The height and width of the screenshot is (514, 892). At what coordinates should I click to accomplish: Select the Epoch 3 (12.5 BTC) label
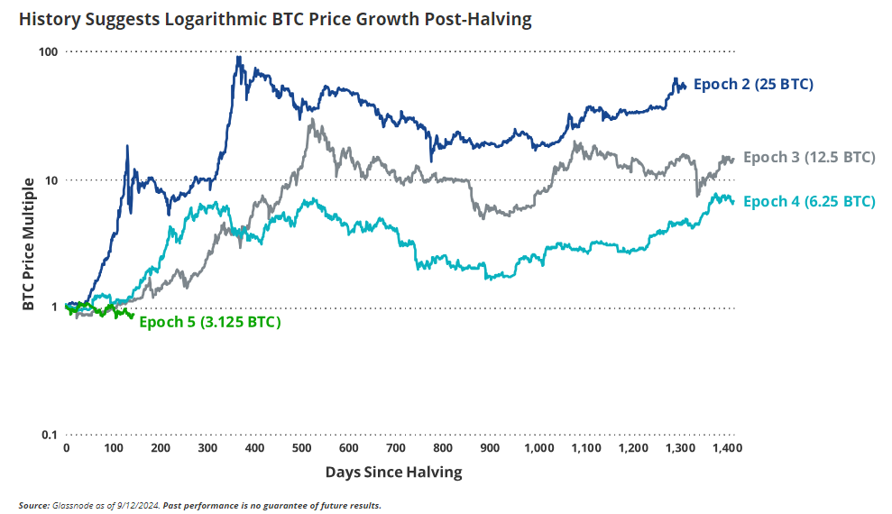pyautogui.click(x=809, y=157)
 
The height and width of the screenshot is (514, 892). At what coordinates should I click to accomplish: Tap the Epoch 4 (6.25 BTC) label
pyautogui.click(x=809, y=201)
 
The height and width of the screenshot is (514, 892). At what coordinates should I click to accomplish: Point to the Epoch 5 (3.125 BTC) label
pyautogui.click(x=210, y=322)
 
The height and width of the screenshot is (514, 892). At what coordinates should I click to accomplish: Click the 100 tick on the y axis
pyautogui.click(x=47, y=52)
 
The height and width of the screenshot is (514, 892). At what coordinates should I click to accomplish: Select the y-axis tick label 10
pyautogui.click(x=51, y=179)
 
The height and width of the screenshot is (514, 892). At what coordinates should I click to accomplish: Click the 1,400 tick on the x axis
pyautogui.click(x=726, y=448)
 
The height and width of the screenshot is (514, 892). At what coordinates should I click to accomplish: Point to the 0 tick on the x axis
pyautogui.click(x=66, y=448)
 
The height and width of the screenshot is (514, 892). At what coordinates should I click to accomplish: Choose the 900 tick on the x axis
pyautogui.click(x=490, y=448)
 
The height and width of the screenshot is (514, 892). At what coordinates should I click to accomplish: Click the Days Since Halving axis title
pyautogui.click(x=393, y=472)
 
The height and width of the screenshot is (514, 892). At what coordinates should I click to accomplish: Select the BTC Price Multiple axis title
pyautogui.click(x=28, y=243)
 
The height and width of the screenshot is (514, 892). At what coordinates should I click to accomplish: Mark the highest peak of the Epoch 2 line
pyautogui.click(x=238, y=57)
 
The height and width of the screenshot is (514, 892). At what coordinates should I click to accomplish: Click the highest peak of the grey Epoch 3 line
pyautogui.click(x=312, y=119)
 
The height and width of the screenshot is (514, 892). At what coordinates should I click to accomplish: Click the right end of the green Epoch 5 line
pyautogui.click(x=133, y=316)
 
